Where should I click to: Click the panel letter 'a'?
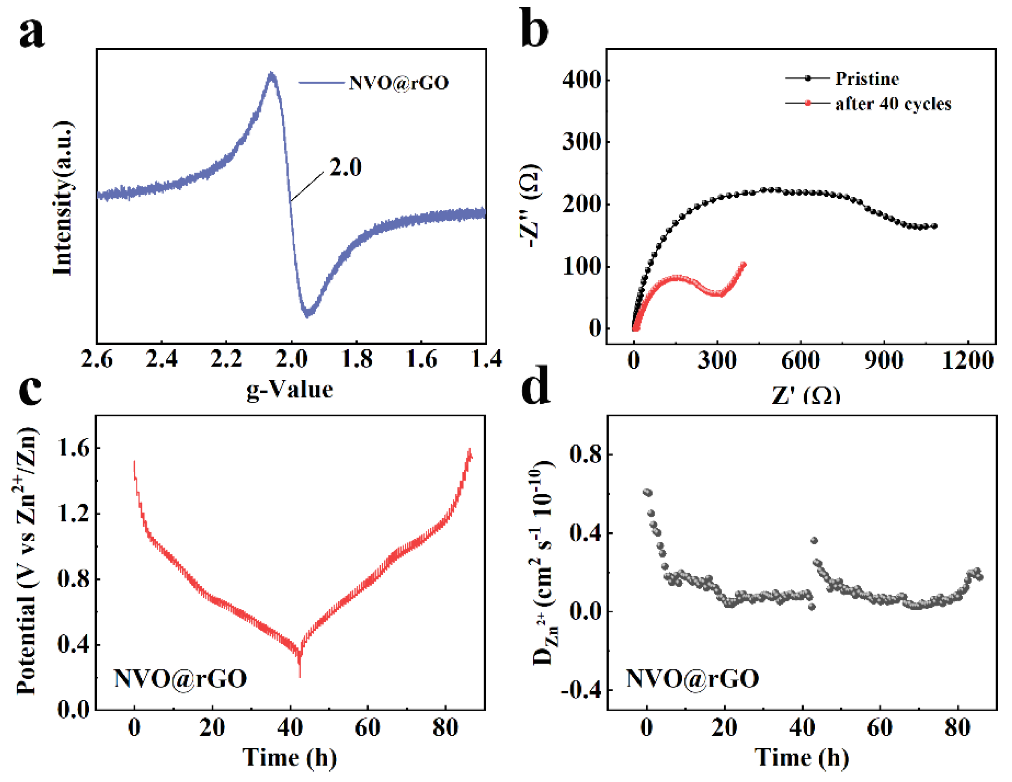[x=31, y=33]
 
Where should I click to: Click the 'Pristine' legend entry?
[x=867, y=79]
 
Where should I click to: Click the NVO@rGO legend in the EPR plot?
[x=398, y=83]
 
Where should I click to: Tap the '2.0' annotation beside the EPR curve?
[x=345, y=167]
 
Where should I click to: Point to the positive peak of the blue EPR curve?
[x=271, y=74]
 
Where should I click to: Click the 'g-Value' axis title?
[x=290, y=389]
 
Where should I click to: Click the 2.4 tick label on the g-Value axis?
[x=161, y=359]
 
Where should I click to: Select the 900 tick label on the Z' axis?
[x=883, y=361]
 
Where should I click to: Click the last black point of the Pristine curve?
[x=934, y=226]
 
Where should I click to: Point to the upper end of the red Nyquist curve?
[x=744, y=265]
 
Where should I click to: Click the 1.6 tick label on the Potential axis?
[x=73, y=448]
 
